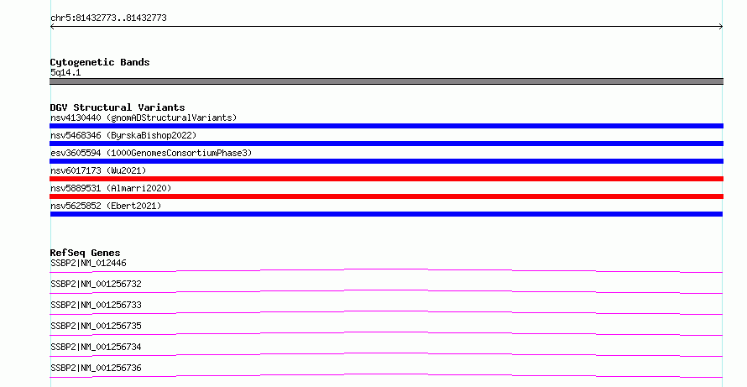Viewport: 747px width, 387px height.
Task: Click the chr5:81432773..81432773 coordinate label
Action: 108,18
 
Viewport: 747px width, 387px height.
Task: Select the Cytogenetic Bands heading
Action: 100,62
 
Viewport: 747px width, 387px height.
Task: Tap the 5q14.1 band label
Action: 65,72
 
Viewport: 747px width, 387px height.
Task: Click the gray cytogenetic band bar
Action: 386,81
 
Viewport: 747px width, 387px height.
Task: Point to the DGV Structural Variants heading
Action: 118,107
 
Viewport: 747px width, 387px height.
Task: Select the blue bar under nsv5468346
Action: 386,144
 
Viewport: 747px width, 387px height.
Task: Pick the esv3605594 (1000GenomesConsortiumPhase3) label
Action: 151,153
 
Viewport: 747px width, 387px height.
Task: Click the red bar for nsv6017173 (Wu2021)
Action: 386,179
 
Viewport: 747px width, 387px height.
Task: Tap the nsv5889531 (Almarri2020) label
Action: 111,188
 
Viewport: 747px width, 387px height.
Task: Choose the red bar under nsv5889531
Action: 386,196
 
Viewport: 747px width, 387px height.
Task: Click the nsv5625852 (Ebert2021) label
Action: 106,206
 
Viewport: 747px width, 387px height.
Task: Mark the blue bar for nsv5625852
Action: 386,214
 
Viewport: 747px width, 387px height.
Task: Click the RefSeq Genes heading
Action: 85,253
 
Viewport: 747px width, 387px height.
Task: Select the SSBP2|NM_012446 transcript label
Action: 88,263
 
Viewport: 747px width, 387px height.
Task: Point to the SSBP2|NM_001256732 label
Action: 96,284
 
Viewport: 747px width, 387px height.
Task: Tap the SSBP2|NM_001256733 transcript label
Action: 96,305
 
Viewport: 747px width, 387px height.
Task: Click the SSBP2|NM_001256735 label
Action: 96,326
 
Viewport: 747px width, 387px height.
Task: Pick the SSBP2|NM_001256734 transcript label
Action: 96,347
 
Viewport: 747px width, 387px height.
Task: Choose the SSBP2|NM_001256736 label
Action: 96,368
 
